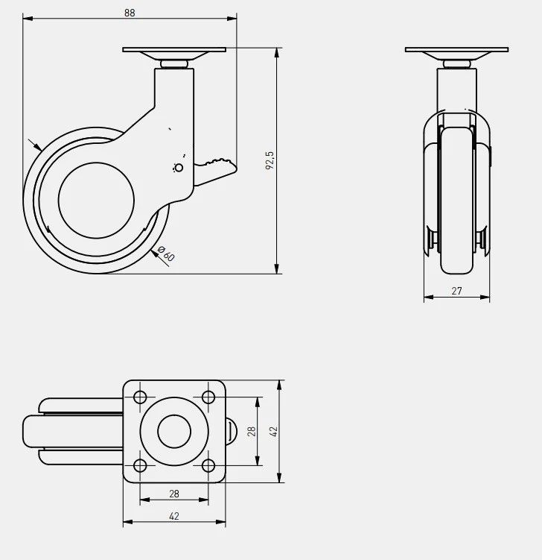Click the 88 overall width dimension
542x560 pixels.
(x=130, y=13)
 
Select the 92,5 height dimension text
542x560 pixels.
(x=270, y=160)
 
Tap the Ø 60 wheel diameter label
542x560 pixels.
(x=166, y=254)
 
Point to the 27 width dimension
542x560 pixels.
(x=457, y=291)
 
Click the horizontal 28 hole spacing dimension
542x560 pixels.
(x=174, y=494)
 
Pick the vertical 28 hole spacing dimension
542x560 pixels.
(x=252, y=432)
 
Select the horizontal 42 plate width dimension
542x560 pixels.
(x=174, y=516)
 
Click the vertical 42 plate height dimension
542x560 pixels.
(x=274, y=432)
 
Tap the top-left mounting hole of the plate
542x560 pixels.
(x=140, y=397)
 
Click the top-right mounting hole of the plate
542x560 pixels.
(x=208, y=397)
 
